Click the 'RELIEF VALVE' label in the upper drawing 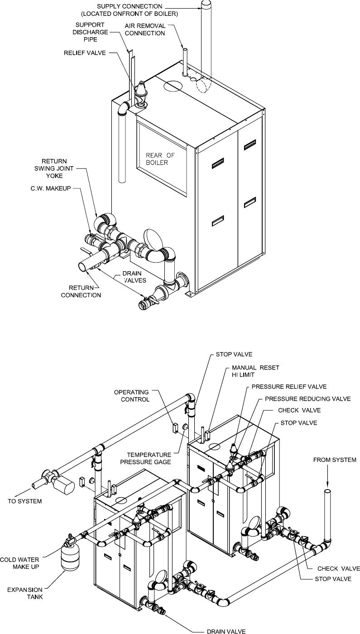coord(84,53)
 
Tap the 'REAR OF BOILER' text coord(159,159)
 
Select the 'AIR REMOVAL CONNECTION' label coord(146,30)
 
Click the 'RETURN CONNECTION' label coord(85,291)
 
